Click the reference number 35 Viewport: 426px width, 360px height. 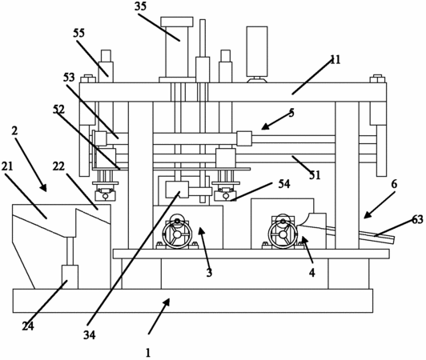pos(140,6)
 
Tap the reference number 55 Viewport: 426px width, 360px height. pos(78,33)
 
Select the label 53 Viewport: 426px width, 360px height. pos(69,78)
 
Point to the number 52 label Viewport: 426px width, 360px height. pos(58,110)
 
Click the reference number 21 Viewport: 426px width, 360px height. pos(7,166)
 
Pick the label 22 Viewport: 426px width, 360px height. pos(58,166)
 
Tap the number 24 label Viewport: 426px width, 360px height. pos(28,326)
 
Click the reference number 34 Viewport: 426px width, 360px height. pos(90,335)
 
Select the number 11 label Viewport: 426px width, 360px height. pos(336,60)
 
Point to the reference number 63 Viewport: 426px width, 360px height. pos(417,219)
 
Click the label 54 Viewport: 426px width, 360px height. pos(284,184)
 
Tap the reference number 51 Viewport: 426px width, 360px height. pos(315,175)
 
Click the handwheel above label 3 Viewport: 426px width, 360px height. pos(177,234)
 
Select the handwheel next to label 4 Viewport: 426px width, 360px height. pos(283,234)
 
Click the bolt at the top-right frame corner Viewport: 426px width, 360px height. pos(378,78)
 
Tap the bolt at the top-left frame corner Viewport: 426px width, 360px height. pos(88,78)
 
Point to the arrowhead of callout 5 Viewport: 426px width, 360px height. pos(265,126)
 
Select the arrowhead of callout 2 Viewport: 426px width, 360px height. pos(43,187)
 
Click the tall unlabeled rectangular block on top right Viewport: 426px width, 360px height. pos(257,51)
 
